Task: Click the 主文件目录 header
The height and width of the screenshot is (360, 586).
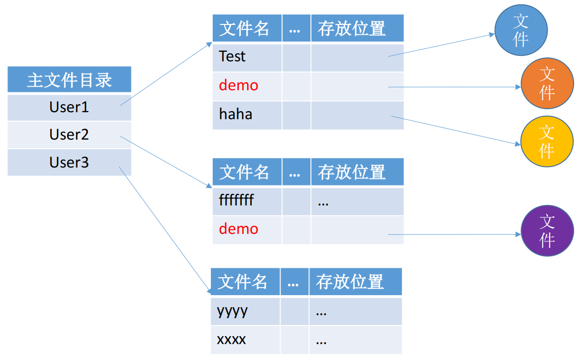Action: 69,80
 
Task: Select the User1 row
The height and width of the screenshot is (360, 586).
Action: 69,108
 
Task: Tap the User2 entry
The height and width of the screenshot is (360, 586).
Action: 69,135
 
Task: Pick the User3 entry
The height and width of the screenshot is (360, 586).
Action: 69,163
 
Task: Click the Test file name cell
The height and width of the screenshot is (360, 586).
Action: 247,57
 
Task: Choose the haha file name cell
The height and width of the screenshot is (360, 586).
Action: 247,115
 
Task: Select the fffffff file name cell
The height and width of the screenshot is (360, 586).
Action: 247,201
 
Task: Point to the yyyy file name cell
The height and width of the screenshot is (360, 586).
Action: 245,311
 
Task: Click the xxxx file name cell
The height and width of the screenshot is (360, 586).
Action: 245,340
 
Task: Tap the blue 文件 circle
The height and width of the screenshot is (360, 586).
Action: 521,30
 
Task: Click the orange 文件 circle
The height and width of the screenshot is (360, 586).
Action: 547,83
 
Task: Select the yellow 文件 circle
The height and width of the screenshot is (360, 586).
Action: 547,141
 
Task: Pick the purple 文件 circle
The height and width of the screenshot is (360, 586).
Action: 547,231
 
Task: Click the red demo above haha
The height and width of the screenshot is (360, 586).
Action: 238,86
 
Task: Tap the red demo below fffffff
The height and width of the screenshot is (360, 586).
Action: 238,229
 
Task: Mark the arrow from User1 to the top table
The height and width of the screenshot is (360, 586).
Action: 166,74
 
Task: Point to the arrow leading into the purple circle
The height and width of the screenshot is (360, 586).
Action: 454,234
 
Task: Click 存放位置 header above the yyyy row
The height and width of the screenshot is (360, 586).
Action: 350,282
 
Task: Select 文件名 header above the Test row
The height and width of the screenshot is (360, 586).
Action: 244,28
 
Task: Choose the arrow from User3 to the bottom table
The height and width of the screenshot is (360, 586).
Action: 165,230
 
